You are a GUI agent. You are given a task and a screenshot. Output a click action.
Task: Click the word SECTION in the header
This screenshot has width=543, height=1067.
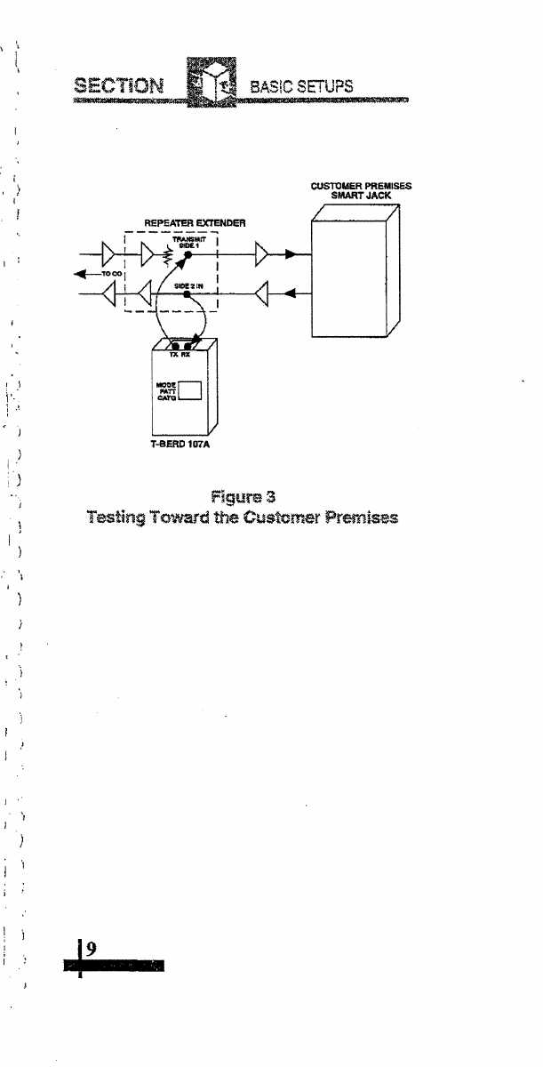click(x=108, y=87)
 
